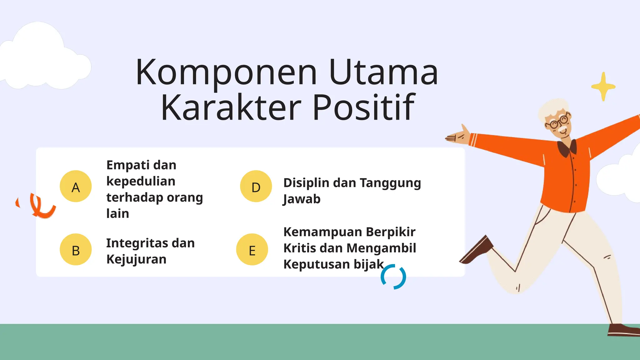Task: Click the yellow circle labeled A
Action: tap(76, 186)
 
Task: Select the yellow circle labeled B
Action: tap(76, 249)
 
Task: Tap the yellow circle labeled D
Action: tap(256, 186)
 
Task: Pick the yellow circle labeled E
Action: tap(252, 249)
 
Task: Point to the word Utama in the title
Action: tap(383, 72)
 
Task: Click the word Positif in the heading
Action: tap(363, 108)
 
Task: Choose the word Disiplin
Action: tap(305, 183)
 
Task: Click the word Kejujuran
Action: tap(136, 259)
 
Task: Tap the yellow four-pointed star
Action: tap(603, 87)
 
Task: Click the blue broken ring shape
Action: tap(393, 277)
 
